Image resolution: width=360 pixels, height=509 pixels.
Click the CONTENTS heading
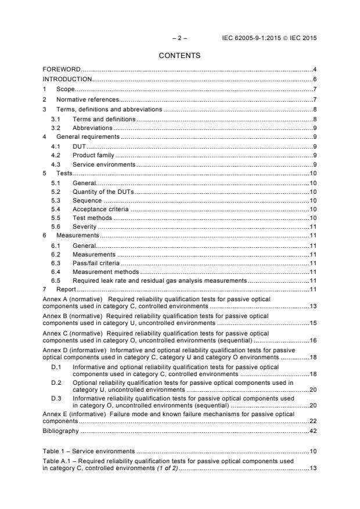(x=180, y=56)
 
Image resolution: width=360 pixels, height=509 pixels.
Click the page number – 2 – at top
(x=180, y=38)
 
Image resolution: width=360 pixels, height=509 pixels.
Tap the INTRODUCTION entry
(x=67, y=79)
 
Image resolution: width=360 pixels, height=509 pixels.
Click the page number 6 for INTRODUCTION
(x=314, y=79)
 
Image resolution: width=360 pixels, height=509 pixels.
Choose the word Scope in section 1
(x=66, y=89)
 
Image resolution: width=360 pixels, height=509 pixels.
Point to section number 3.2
(x=56, y=128)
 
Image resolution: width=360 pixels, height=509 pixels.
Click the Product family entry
(x=93, y=156)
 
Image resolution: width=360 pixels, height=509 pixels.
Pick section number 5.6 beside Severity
(x=56, y=226)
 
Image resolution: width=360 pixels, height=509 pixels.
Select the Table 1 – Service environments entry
(x=89, y=450)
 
